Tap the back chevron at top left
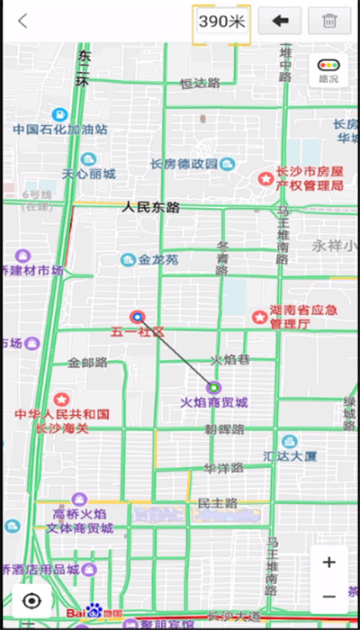point(22,21)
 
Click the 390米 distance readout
point(221,21)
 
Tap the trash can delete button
point(329,21)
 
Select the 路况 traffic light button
point(328,69)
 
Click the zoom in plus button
point(329,562)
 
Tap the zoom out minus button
point(329,596)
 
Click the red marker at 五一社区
point(138,317)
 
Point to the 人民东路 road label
point(151,207)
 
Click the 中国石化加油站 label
point(59,130)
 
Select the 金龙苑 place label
point(157,260)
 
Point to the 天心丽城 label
point(88,174)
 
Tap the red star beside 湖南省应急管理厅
point(259,317)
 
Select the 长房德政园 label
point(184,164)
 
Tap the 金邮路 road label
point(87,363)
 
